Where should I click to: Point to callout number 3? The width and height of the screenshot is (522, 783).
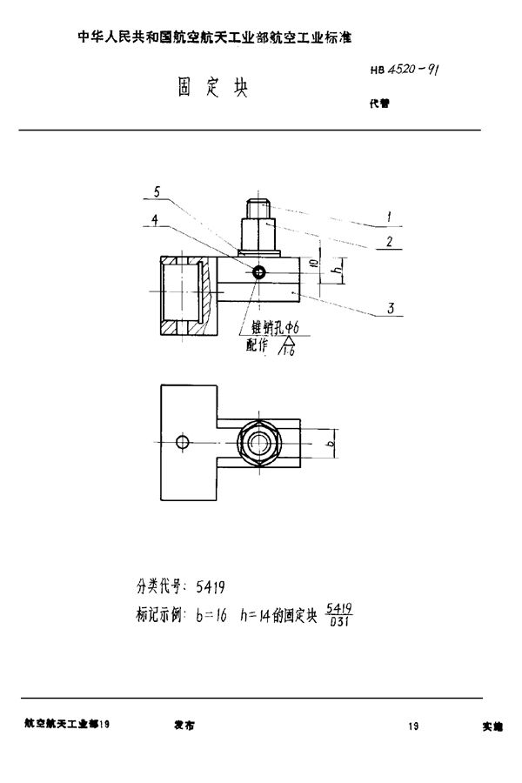[392, 307]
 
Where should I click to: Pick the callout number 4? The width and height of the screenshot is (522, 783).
[154, 220]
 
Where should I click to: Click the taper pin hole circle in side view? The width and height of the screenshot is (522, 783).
[259, 272]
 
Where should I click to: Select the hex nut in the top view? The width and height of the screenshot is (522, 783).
[260, 443]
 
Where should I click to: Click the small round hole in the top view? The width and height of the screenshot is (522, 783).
[182, 443]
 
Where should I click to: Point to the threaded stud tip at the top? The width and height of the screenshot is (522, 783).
[258, 208]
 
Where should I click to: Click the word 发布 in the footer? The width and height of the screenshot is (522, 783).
[184, 724]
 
